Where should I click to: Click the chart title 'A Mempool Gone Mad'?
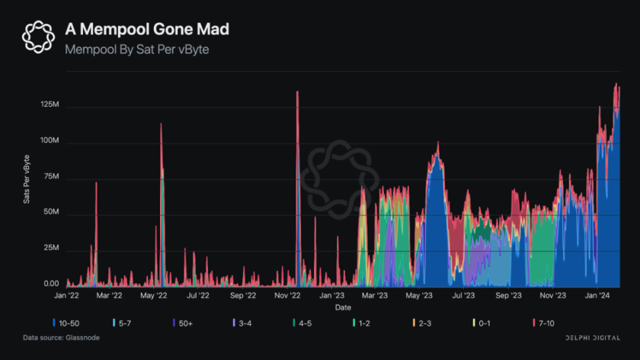tap(147, 29)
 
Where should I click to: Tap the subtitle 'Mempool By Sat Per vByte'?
tap(137, 49)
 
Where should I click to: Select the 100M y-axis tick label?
tap(50, 141)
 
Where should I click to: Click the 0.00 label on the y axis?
tap(51, 284)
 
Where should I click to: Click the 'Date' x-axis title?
tap(342, 307)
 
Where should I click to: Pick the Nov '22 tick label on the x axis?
tap(288, 296)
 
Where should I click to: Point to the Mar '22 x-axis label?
tap(109, 296)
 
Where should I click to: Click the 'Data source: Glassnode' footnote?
tap(61, 338)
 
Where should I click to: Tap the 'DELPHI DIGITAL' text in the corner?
tap(592, 338)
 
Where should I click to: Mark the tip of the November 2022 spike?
tap(298, 91)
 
